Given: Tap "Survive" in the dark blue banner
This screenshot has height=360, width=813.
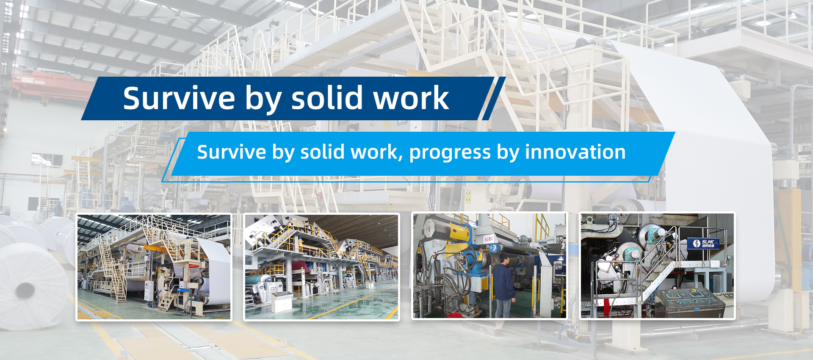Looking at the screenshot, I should pos(179,98).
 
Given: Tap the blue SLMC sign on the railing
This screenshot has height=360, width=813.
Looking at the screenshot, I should pos(703,244).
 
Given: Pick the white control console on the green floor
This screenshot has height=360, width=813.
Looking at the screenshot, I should pos(281,301).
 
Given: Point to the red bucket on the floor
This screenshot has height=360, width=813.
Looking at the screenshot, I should pos(453,314).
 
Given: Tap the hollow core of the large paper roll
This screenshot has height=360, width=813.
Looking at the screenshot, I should pos(25,291).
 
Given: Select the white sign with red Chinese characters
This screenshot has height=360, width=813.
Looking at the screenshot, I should pos(489,239).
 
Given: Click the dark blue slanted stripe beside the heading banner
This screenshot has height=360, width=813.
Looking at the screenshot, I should pos(494,98).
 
